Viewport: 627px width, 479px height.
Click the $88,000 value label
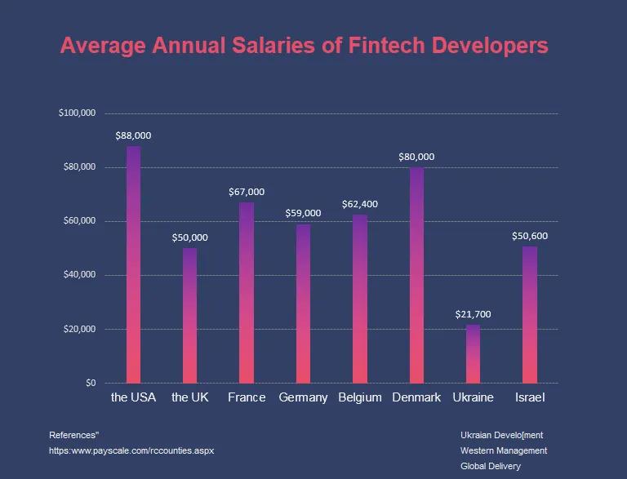tap(133, 135)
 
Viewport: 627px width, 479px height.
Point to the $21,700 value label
tap(473, 314)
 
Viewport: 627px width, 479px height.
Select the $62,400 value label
tap(360, 204)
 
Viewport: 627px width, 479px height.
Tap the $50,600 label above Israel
tap(530, 236)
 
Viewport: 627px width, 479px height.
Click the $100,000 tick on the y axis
tap(78, 113)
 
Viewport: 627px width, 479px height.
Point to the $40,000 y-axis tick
tap(80, 275)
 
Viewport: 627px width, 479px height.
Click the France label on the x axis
tap(247, 397)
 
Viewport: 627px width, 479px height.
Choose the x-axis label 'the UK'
tap(190, 397)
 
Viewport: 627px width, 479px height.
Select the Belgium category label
tap(360, 397)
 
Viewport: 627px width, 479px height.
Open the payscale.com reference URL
tap(131, 450)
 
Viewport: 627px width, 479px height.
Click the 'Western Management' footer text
tap(504, 450)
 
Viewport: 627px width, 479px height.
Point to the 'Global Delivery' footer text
tap(491, 466)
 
